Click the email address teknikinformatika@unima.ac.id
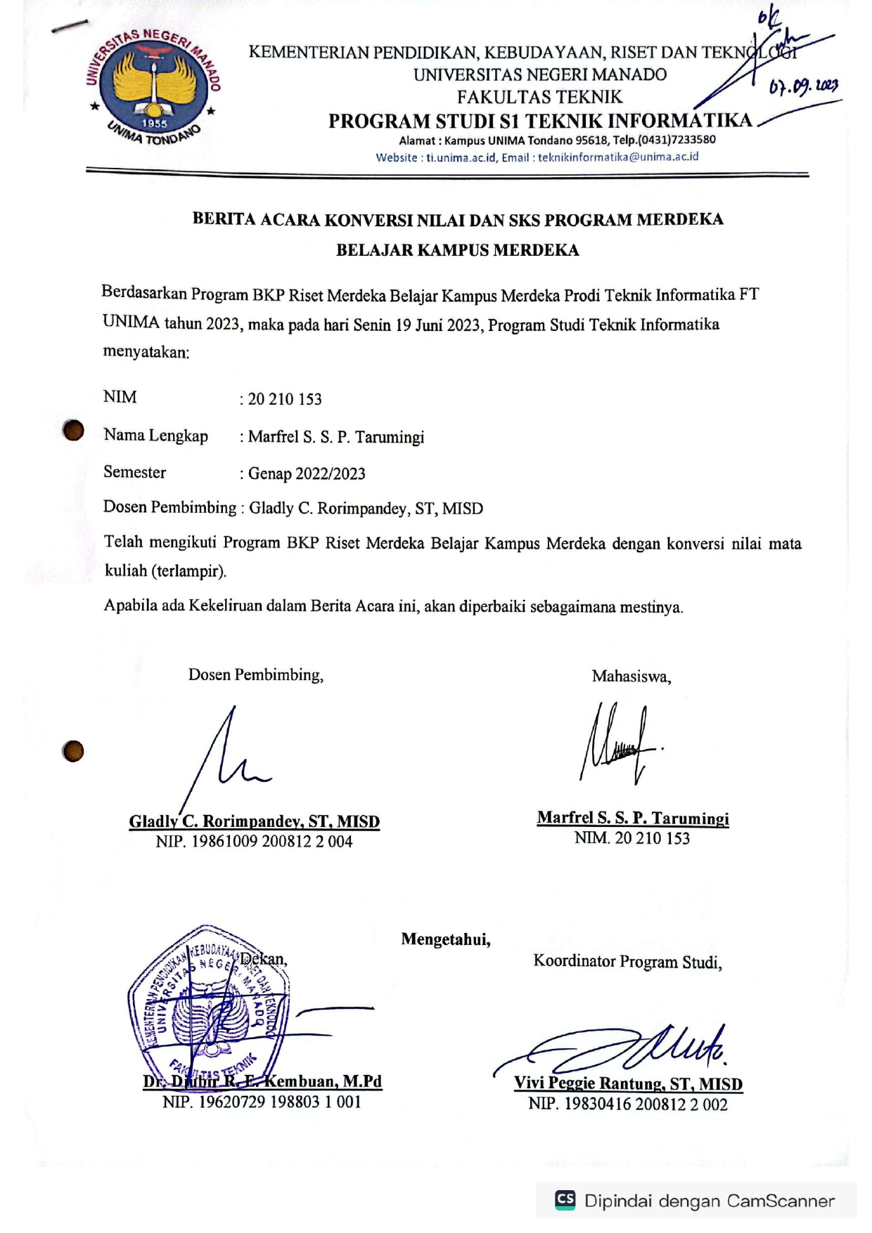coord(618,157)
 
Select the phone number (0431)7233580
coord(677,139)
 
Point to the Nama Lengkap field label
coord(155,436)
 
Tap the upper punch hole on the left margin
coord(73,430)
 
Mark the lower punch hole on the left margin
coord(73,751)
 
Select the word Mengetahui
coord(445,939)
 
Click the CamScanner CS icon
coord(565,1199)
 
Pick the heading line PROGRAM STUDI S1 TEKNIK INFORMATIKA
coord(539,121)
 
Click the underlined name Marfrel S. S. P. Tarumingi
coord(632,818)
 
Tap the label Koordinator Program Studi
coord(627,961)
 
